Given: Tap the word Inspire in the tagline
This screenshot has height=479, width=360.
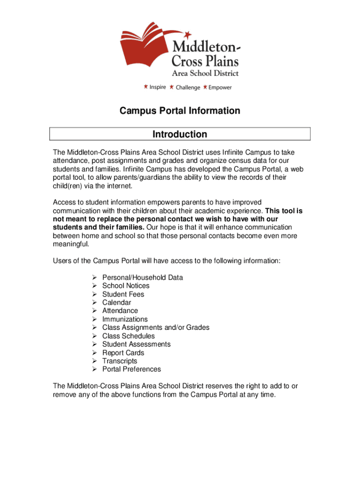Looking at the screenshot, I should [x=158, y=87].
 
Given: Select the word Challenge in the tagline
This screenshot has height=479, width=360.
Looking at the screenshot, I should [x=187, y=87].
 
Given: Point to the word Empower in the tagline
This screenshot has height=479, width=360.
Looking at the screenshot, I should [x=220, y=87].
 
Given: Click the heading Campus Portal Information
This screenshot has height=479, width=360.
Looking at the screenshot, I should [x=180, y=111].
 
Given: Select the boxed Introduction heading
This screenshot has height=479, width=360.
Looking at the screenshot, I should [x=180, y=134].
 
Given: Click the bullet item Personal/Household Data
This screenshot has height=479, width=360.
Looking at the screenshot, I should [x=143, y=277].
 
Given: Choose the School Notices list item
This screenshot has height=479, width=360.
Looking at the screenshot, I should [x=126, y=286].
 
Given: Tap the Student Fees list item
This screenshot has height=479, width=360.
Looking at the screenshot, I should [x=123, y=294].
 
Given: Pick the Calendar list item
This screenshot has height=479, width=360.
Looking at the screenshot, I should [x=117, y=303].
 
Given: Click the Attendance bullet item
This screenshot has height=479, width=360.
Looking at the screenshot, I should [x=120, y=311].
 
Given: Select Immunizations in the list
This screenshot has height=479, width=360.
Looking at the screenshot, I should [x=125, y=319].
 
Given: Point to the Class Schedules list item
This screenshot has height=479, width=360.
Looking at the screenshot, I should [x=129, y=336].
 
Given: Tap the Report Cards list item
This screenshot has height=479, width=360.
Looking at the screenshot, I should [x=123, y=353].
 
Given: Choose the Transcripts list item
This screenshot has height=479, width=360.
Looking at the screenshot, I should [x=120, y=361].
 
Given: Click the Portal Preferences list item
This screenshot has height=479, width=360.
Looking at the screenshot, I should [x=131, y=369].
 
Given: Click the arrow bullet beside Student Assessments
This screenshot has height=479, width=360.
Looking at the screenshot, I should [x=94, y=344].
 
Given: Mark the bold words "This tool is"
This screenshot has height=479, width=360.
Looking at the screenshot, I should [x=283, y=210].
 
